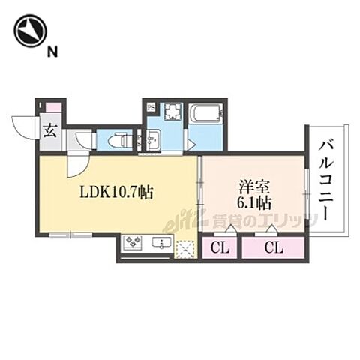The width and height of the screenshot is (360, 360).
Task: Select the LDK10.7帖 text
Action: [117, 193]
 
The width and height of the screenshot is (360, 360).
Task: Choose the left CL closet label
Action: [218, 247]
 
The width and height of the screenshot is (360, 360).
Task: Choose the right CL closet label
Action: [273, 247]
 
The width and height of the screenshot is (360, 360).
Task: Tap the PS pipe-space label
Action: [151, 106]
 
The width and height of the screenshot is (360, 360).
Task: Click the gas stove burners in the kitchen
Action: [136, 243]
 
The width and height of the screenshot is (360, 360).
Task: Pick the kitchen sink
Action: [161, 243]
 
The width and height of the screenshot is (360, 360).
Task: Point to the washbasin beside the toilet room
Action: [152, 139]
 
